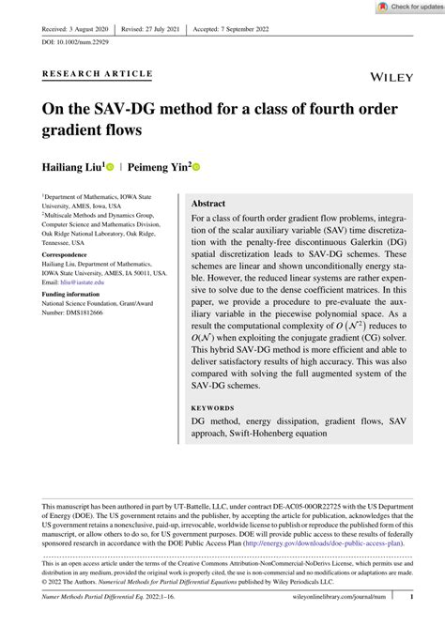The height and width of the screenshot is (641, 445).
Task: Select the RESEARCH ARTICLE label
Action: click(x=98, y=73)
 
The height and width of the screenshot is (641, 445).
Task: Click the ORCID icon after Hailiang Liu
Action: click(x=110, y=167)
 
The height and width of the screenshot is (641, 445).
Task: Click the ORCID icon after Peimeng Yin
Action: click(x=197, y=167)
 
